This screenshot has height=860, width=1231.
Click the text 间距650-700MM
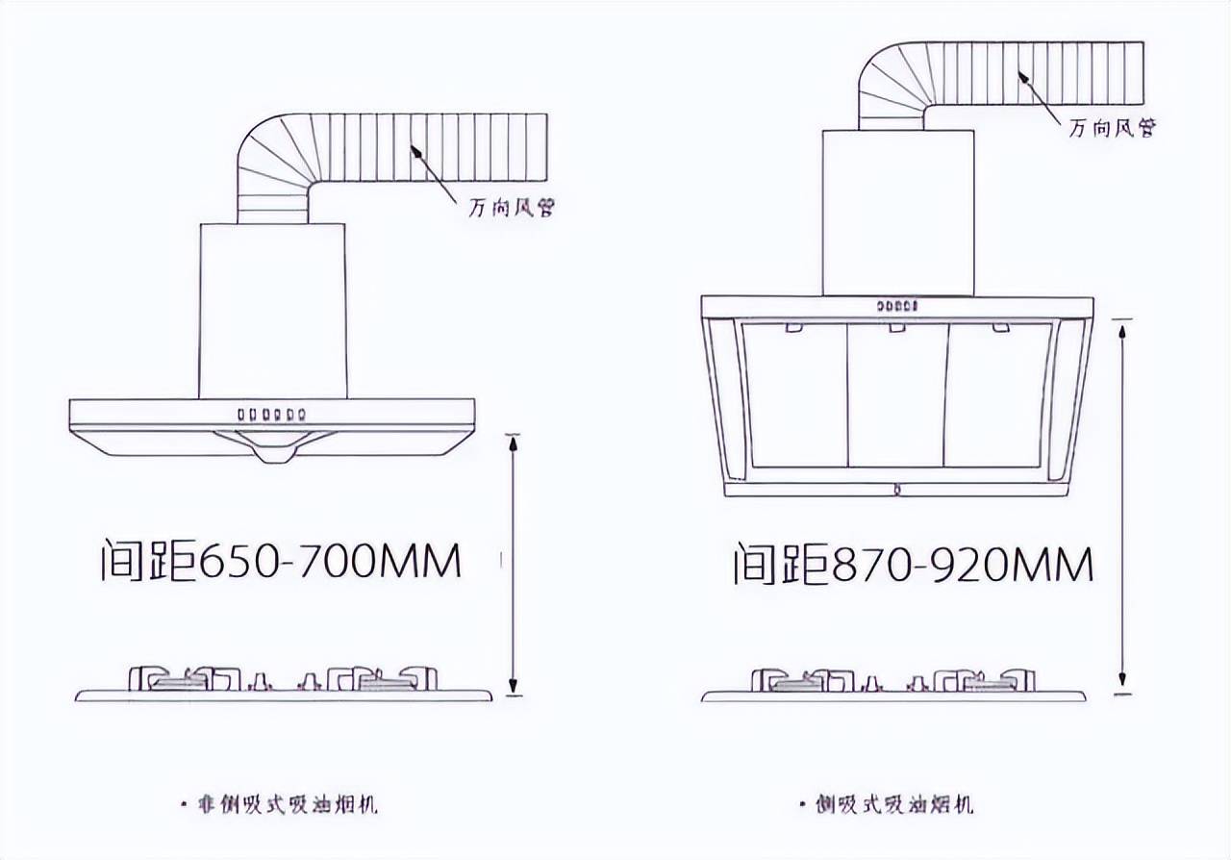(x=281, y=560)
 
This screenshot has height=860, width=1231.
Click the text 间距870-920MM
(x=914, y=563)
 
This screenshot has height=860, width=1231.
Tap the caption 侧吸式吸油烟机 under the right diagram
(x=894, y=805)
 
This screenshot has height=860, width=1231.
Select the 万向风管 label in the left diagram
(x=511, y=208)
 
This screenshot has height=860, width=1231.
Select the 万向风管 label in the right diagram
(x=1113, y=128)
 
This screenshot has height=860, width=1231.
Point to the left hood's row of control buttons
(x=271, y=415)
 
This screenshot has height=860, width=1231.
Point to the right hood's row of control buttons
(x=897, y=305)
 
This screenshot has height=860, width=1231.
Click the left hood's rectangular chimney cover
(x=272, y=311)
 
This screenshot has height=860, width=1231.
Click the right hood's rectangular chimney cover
(x=898, y=213)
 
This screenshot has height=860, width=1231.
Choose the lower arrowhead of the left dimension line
(x=514, y=685)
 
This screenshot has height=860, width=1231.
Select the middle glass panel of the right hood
(x=897, y=395)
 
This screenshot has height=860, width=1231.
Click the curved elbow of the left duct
(x=273, y=160)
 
